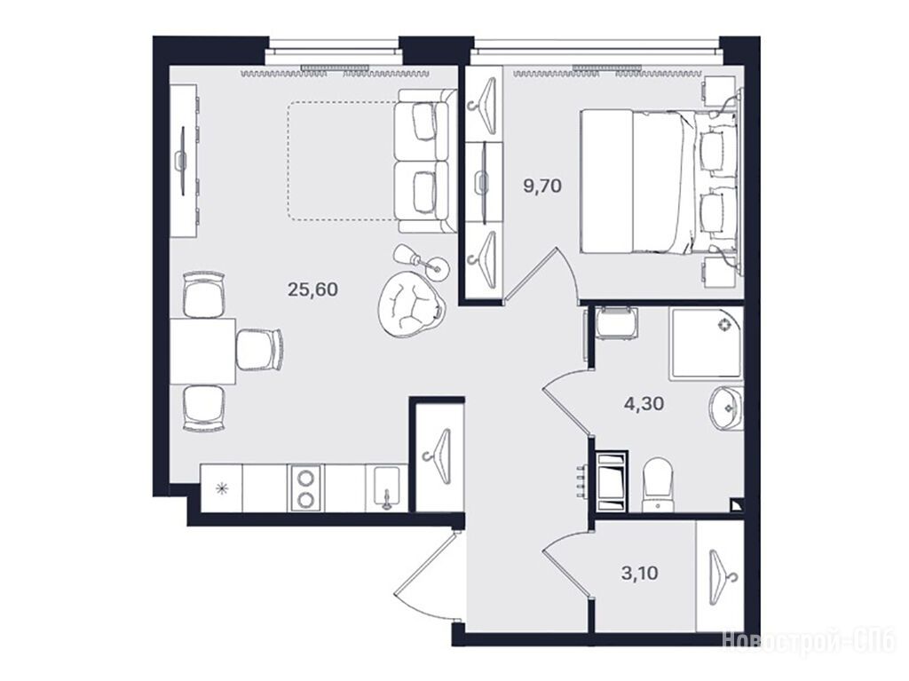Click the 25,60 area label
pos(312,289)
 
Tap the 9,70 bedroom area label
pos(542,186)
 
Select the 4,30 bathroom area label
pos(644,403)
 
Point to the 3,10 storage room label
pos(639,574)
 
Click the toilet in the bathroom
pos(658,485)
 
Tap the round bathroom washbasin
pos(724,408)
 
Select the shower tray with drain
pos(706,344)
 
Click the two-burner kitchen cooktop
pos(305,487)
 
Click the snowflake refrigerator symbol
pos(221,489)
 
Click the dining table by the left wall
pos(202,351)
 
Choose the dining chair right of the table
pos(259,351)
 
